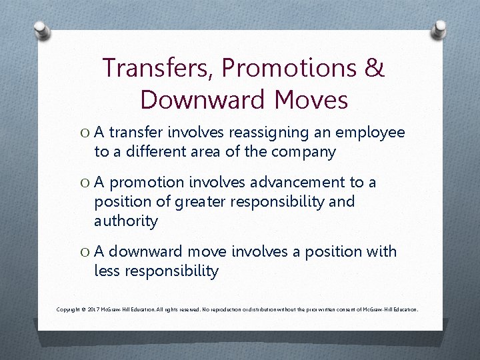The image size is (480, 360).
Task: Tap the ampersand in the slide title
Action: click(375, 69)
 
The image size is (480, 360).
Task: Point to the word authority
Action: click(126, 220)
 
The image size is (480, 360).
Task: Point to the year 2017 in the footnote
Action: click(93, 310)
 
